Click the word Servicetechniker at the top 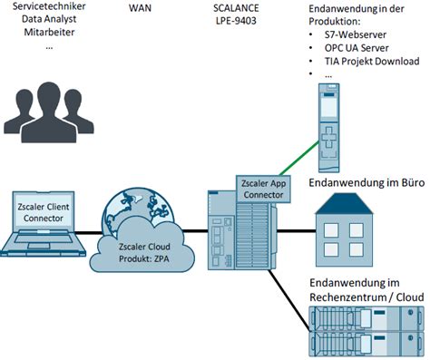point(49,7)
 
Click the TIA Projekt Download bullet point(371,62)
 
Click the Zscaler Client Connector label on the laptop point(44,212)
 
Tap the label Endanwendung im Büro point(367,183)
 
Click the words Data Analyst point(49,21)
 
